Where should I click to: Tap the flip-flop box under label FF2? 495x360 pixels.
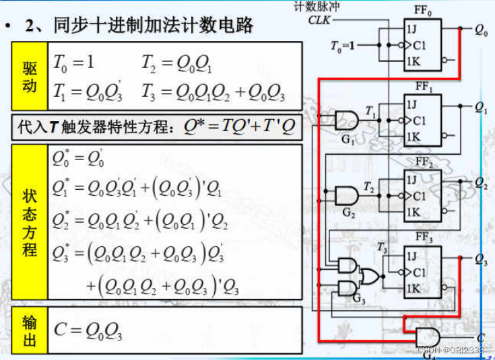(x=422, y=196)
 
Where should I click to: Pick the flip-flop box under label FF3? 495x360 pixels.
(x=422, y=273)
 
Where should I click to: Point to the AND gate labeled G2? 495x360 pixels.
(x=347, y=196)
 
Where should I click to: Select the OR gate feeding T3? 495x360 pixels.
(x=369, y=277)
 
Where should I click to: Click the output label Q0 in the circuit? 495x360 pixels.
(x=481, y=31)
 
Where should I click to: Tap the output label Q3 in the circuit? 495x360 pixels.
(x=481, y=259)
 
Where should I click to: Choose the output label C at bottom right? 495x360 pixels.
(x=480, y=337)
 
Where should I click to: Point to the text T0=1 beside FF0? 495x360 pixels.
(x=343, y=46)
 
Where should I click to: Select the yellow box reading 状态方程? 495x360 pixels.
(x=30, y=222)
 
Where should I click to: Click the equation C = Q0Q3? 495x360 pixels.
(x=88, y=330)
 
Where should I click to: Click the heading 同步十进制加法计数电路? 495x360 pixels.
(x=139, y=26)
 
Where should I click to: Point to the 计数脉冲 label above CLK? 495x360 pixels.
(x=317, y=6)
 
